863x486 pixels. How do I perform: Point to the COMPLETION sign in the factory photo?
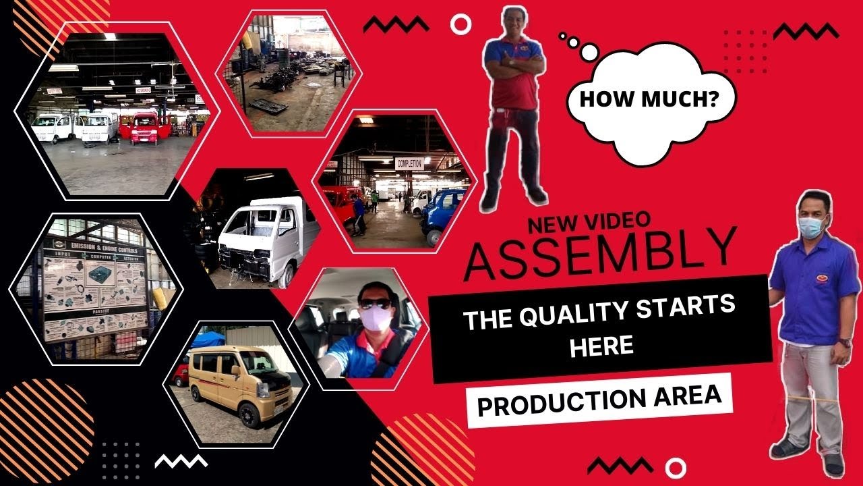point(409,163)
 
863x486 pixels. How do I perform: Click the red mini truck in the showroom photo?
point(144,128)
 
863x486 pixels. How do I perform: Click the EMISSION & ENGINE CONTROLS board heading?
point(95,246)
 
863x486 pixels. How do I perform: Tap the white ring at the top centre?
point(461,25)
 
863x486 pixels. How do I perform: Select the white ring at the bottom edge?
point(676,467)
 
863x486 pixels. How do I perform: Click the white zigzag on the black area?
point(181,462)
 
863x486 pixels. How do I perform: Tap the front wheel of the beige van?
point(247,415)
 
